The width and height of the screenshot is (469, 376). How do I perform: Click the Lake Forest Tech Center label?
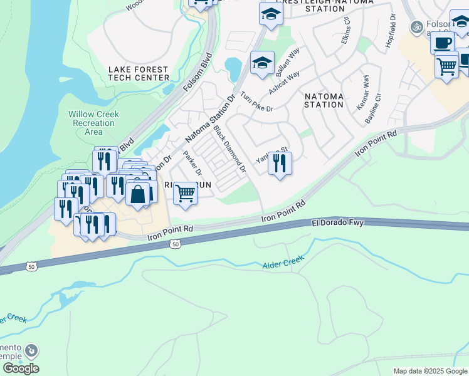tap(139, 73)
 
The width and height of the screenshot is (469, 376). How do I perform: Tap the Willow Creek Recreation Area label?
tap(93, 123)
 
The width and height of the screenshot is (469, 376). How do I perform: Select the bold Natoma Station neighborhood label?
tap(324, 100)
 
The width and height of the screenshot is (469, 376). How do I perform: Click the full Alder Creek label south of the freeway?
tap(283, 261)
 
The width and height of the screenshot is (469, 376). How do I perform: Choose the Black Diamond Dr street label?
tap(229, 149)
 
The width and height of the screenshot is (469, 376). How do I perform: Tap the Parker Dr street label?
tap(192, 163)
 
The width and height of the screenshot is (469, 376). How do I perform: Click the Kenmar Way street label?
tap(363, 92)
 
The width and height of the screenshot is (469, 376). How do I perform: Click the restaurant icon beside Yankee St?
tap(280, 163)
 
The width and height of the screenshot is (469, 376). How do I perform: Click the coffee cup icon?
tap(443, 43)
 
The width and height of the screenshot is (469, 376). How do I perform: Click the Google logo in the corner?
tap(21, 368)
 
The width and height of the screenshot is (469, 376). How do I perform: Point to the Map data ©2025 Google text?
tap(429, 371)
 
